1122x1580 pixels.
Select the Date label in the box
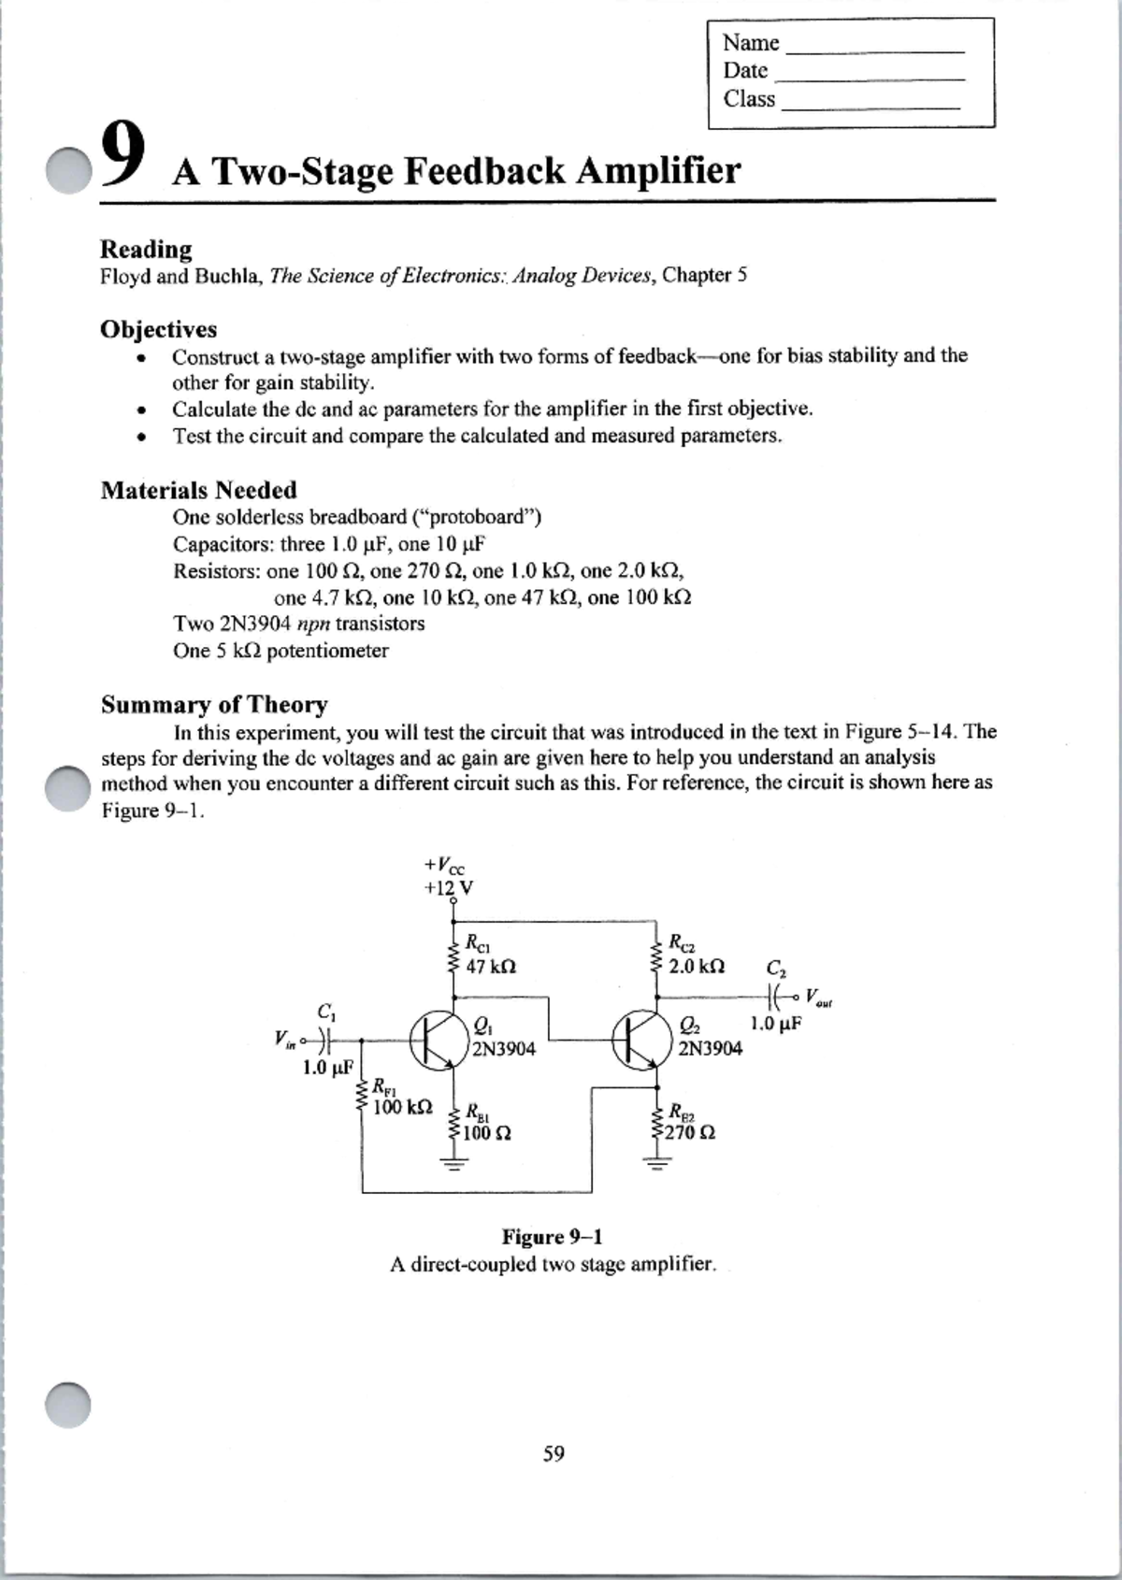pyautogui.click(x=745, y=71)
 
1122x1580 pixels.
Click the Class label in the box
pyautogui.click(x=749, y=99)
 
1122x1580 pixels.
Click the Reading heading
pyautogui.click(x=146, y=250)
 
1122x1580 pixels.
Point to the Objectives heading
pyautogui.click(x=158, y=329)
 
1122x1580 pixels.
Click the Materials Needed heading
pyautogui.click(x=198, y=490)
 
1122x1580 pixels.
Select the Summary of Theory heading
pyautogui.click(x=214, y=704)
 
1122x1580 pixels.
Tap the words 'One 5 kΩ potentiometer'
pyautogui.click(x=280, y=651)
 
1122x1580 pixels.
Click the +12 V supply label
pyautogui.click(x=448, y=887)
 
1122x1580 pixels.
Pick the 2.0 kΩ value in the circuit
pyautogui.click(x=696, y=965)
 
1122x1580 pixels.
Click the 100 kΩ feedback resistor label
pyautogui.click(x=402, y=1108)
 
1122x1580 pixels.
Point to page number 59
pyautogui.click(x=554, y=1453)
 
